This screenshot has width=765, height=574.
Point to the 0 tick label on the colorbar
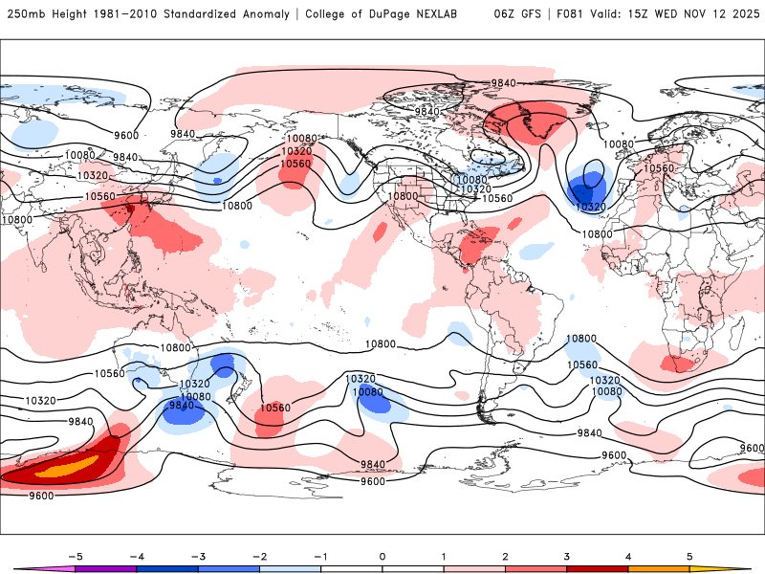(x=382, y=556)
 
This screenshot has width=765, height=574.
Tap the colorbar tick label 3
(x=567, y=556)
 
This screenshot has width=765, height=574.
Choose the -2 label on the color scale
(x=259, y=556)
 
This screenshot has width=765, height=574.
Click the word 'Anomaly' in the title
(x=266, y=14)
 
